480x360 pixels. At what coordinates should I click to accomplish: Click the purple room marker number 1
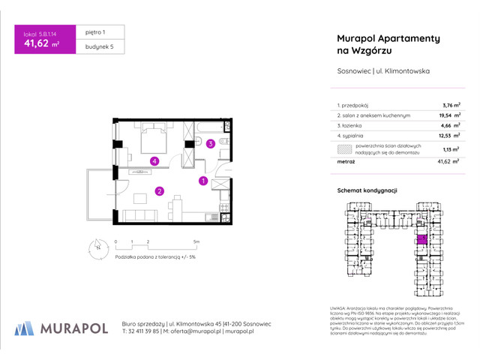point(202,181)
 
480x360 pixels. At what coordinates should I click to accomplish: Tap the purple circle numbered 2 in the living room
point(159,191)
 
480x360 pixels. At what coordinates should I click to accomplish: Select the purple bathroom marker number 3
point(211,144)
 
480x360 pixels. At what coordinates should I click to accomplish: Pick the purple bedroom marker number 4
point(153,160)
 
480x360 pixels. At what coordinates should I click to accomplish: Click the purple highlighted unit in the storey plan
point(421,239)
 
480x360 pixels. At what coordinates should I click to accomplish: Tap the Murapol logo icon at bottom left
point(25,328)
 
